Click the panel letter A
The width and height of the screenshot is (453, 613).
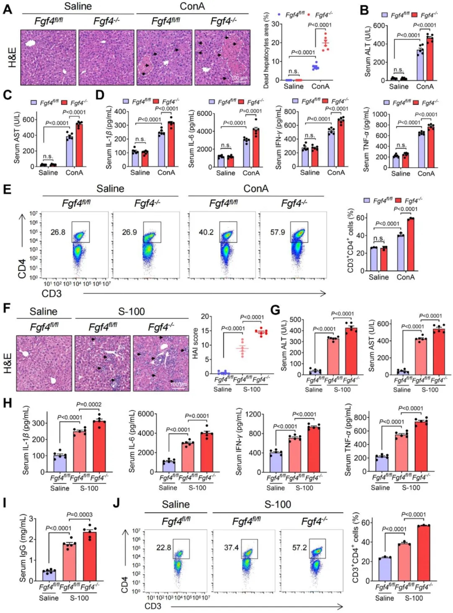pyautogui.click(x=7, y=8)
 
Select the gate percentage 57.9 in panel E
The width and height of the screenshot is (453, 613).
pyautogui.click(x=278, y=232)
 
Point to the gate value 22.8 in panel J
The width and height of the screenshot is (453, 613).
pyautogui.click(x=164, y=548)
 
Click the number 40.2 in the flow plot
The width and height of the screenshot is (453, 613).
pyautogui.click(x=206, y=232)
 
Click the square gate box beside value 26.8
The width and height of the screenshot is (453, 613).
pyautogui.click(x=81, y=232)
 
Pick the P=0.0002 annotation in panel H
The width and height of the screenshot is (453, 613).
pyautogui.click(x=89, y=404)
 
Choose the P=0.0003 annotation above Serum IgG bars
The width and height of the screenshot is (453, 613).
pyautogui.click(x=80, y=514)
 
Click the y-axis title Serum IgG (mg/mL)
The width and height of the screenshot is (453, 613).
pyautogui.click(x=23, y=548)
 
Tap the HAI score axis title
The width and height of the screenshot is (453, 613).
pyautogui.click(x=195, y=344)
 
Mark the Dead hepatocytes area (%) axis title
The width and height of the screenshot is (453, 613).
pyautogui.click(x=266, y=50)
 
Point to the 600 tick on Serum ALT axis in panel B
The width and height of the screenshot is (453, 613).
pyautogui.click(x=380, y=26)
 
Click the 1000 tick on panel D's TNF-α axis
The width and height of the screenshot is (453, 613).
pyautogui.click(x=380, y=114)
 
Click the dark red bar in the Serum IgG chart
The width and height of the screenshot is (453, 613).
pyautogui.click(x=89, y=556)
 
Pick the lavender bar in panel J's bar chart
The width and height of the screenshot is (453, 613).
pyautogui.click(x=385, y=569)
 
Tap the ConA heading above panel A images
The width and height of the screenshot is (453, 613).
pyautogui.click(x=192, y=6)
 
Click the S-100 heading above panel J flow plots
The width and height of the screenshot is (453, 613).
pyautogui.click(x=278, y=504)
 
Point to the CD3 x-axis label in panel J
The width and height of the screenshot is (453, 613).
pyautogui.click(x=153, y=606)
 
